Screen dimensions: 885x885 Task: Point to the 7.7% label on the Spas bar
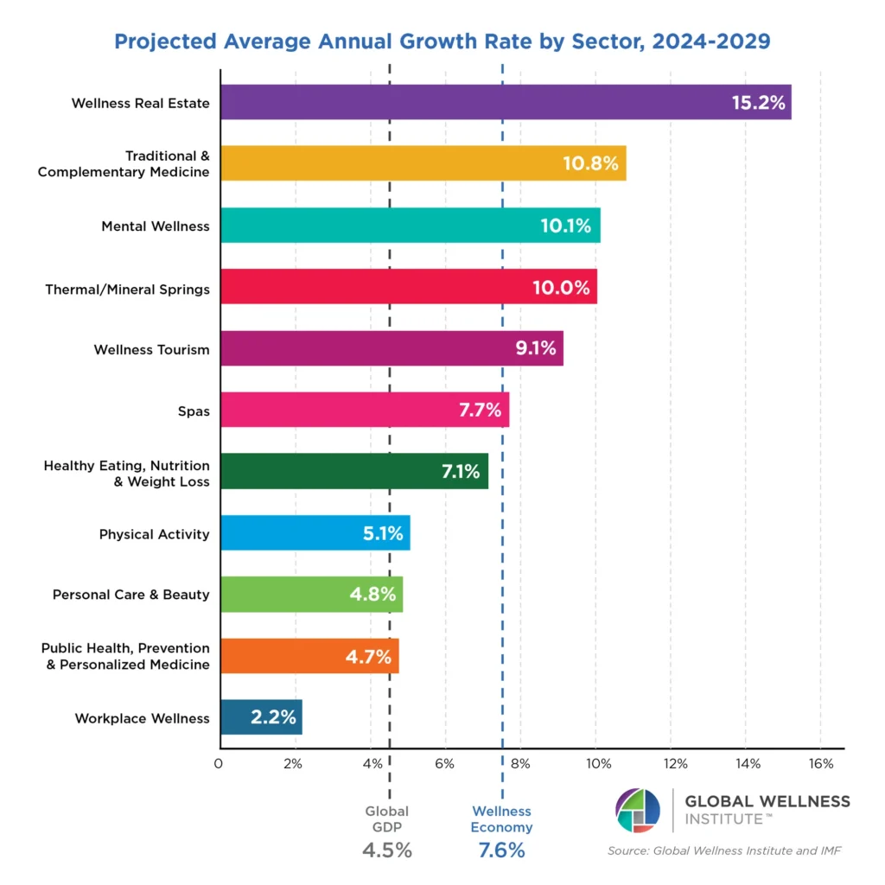pos(480,411)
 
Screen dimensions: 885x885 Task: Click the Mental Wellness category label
pos(156,226)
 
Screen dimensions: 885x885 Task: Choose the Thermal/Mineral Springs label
pos(128,289)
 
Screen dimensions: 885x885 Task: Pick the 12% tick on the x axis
pos(675,764)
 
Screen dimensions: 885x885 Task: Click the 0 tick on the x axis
pos(219,764)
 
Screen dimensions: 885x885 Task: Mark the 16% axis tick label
pos(821,764)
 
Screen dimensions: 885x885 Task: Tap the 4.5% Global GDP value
pos(387,850)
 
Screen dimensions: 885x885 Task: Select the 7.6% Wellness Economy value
pos(502,850)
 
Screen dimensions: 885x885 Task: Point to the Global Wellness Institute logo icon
pos(637,811)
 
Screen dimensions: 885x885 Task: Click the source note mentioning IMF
pos(724,851)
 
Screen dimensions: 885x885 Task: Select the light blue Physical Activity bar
pos(315,532)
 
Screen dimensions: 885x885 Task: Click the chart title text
pos(442,41)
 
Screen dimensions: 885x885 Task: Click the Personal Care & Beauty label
pos(131,595)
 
